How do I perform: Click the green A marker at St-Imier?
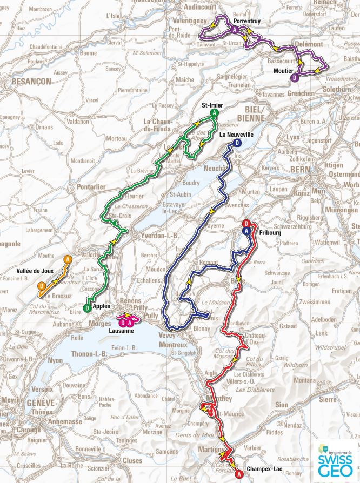(x=215, y=113)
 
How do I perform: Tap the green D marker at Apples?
(x=87, y=308)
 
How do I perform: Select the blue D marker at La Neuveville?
(x=237, y=143)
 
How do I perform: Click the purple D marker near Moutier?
(x=294, y=78)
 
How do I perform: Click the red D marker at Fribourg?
(x=246, y=224)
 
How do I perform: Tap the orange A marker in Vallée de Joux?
(x=67, y=260)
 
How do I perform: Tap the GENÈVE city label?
(x=42, y=402)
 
